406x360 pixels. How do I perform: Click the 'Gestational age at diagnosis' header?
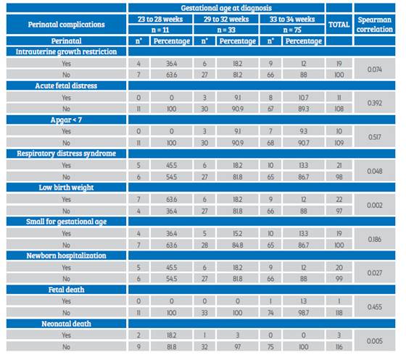click(226, 8)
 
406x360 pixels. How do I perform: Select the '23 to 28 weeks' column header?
click(160, 19)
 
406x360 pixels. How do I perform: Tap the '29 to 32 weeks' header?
click(226, 19)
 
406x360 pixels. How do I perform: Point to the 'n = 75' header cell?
click(292, 30)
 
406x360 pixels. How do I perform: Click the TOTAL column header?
click(339, 25)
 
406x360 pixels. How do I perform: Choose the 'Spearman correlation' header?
click(374, 25)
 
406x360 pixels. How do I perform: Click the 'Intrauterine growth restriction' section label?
click(66, 51)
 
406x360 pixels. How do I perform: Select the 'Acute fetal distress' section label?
click(66, 85)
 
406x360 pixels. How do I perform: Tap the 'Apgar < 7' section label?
click(66, 120)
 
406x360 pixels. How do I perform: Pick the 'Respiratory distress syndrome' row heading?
click(66, 154)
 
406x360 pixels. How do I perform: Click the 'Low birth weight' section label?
click(66, 188)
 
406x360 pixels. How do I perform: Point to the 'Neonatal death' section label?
click(66, 324)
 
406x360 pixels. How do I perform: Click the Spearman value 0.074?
click(374, 70)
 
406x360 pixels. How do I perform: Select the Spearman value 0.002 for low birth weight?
click(374, 205)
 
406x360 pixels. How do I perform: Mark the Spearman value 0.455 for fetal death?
click(374, 307)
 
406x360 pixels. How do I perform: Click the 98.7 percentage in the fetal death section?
click(304, 313)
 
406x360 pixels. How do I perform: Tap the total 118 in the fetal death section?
click(339, 313)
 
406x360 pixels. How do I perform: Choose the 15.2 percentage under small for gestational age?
click(238, 233)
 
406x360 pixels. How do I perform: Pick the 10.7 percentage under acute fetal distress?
click(304, 98)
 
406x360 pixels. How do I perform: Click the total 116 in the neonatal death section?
click(339, 347)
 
